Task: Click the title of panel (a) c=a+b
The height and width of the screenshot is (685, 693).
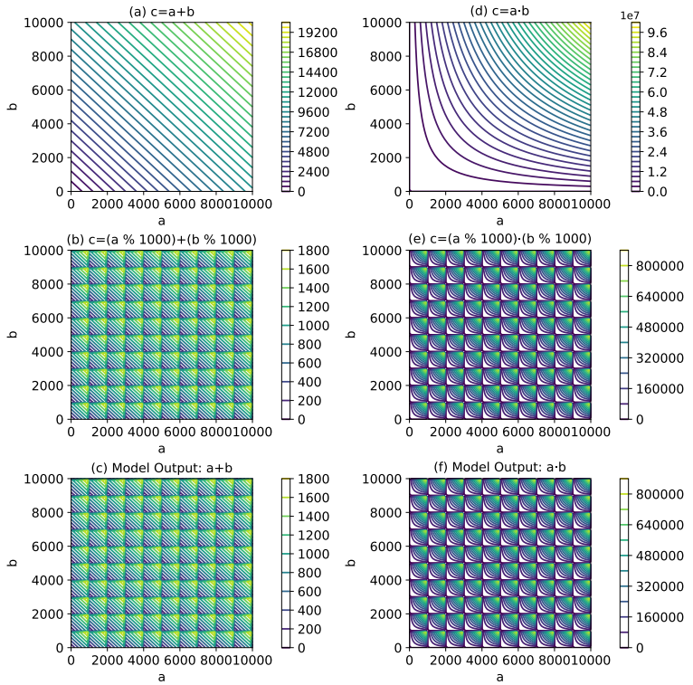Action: (x=161, y=10)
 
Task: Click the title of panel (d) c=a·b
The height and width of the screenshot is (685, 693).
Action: (x=500, y=10)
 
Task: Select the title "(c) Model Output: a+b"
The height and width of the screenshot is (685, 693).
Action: (x=161, y=467)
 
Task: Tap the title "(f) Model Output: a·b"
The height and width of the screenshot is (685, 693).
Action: (x=500, y=467)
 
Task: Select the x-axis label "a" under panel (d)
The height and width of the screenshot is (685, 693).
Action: (x=500, y=220)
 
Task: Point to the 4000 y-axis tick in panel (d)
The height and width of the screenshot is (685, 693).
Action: (x=387, y=123)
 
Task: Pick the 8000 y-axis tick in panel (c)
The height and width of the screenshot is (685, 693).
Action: (x=47, y=512)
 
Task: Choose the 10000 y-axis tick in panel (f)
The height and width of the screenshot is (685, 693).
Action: (x=383, y=478)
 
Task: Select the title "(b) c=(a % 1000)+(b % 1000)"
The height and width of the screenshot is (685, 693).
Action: (x=161, y=239)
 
